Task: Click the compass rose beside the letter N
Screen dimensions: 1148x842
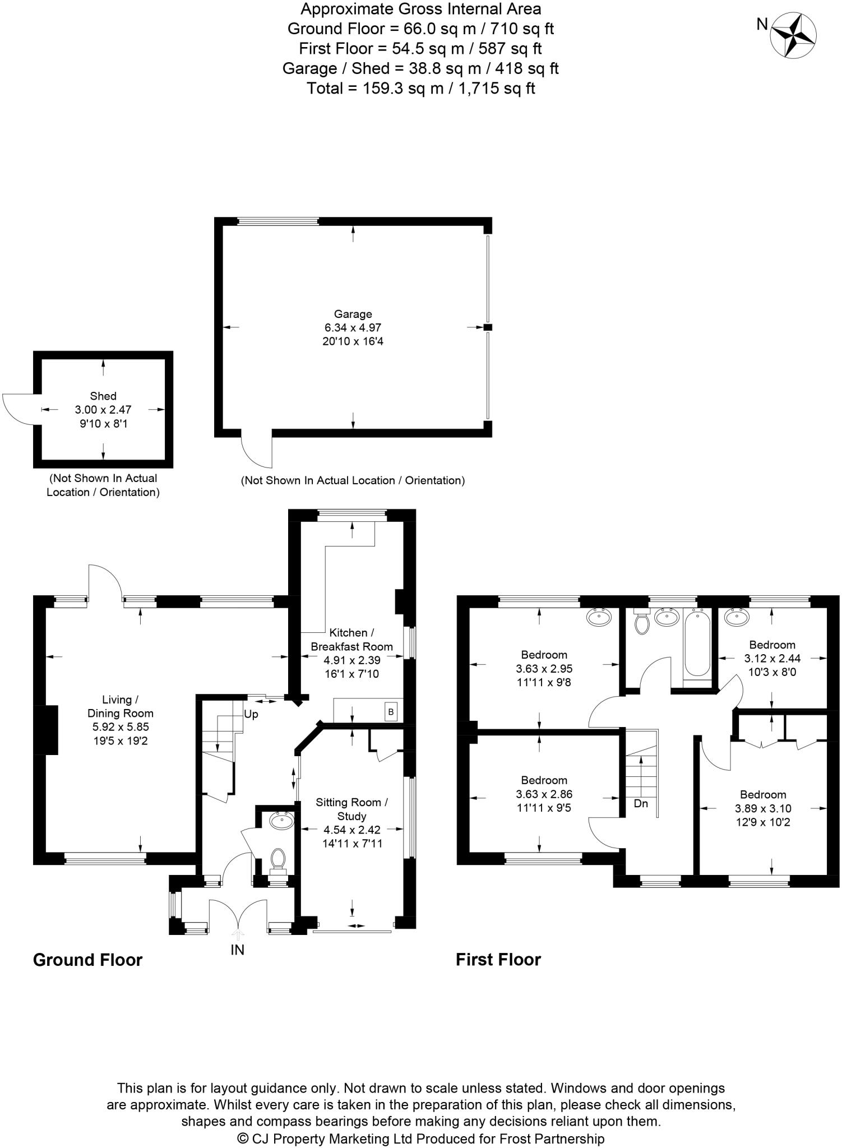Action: click(793, 35)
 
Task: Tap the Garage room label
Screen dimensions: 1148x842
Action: click(353, 314)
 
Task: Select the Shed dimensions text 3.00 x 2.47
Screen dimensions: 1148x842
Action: click(103, 410)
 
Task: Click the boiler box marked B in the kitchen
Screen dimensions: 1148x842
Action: click(391, 712)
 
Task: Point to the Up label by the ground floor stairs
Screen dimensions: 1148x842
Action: click(251, 715)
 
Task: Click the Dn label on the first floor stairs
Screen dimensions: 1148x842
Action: click(641, 803)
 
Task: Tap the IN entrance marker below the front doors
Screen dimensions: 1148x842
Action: click(237, 950)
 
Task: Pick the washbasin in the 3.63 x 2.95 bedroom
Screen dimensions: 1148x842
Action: click(599, 618)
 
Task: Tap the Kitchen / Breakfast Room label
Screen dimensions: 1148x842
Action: click(351, 639)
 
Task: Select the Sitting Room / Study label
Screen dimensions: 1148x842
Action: click(351, 809)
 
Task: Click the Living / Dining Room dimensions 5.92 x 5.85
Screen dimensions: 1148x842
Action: click(120, 727)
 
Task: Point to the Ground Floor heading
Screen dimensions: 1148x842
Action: click(88, 960)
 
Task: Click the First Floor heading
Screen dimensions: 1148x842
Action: click(498, 959)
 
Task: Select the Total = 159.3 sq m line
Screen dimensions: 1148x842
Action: click(420, 88)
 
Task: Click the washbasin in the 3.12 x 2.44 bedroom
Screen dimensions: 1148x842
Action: click(736, 617)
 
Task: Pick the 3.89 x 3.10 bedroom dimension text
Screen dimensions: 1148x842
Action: click(763, 808)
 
